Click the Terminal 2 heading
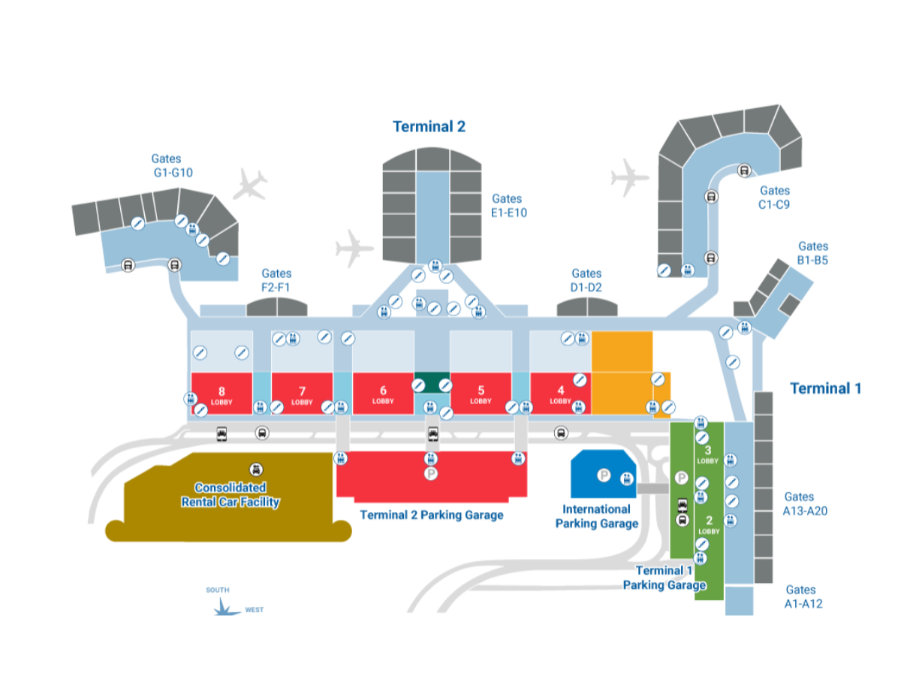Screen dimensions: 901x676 click(x=429, y=126)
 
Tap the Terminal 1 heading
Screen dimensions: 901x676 click(x=825, y=388)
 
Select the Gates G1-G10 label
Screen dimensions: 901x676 click(x=172, y=165)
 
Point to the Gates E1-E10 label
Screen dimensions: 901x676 click(x=508, y=206)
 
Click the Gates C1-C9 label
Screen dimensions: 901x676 click(x=774, y=198)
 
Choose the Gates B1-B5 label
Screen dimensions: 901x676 click(x=812, y=253)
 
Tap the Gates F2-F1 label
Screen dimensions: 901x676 click(x=276, y=280)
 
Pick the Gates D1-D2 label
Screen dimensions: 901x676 click(x=586, y=280)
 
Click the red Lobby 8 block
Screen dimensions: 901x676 click(x=221, y=393)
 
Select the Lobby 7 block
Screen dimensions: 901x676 click(x=302, y=393)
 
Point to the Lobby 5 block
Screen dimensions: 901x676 click(x=481, y=393)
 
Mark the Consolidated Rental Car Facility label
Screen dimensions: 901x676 click(x=230, y=494)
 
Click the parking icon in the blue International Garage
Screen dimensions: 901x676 click(x=604, y=475)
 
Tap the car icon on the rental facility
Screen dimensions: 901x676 click(x=256, y=469)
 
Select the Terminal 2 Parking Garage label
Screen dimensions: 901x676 click(x=432, y=515)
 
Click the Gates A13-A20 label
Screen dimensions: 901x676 click(x=805, y=503)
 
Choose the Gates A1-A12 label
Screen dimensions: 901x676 click(x=803, y=596)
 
